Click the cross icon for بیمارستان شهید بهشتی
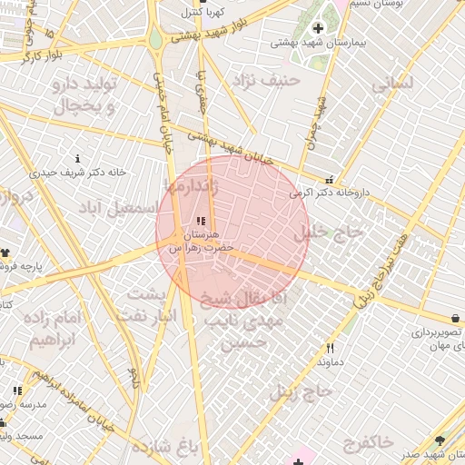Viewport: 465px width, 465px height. pos(317,28)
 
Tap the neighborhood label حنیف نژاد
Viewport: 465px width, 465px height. pos(266,82)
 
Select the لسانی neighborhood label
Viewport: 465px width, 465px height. pos(392,84)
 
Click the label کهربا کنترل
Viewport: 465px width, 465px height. pos(202,13)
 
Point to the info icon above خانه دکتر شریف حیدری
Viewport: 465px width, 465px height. pos(77,159)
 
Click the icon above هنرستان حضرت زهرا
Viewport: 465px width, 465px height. pos(201,221)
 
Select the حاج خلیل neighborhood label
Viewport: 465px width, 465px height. pos(328,232)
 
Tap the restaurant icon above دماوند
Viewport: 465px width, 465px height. pos(331,348)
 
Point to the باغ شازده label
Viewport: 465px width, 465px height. pos(164,448)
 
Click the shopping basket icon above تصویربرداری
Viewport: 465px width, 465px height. pos(454,319)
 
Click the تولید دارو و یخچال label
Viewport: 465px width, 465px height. pos(86,95)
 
